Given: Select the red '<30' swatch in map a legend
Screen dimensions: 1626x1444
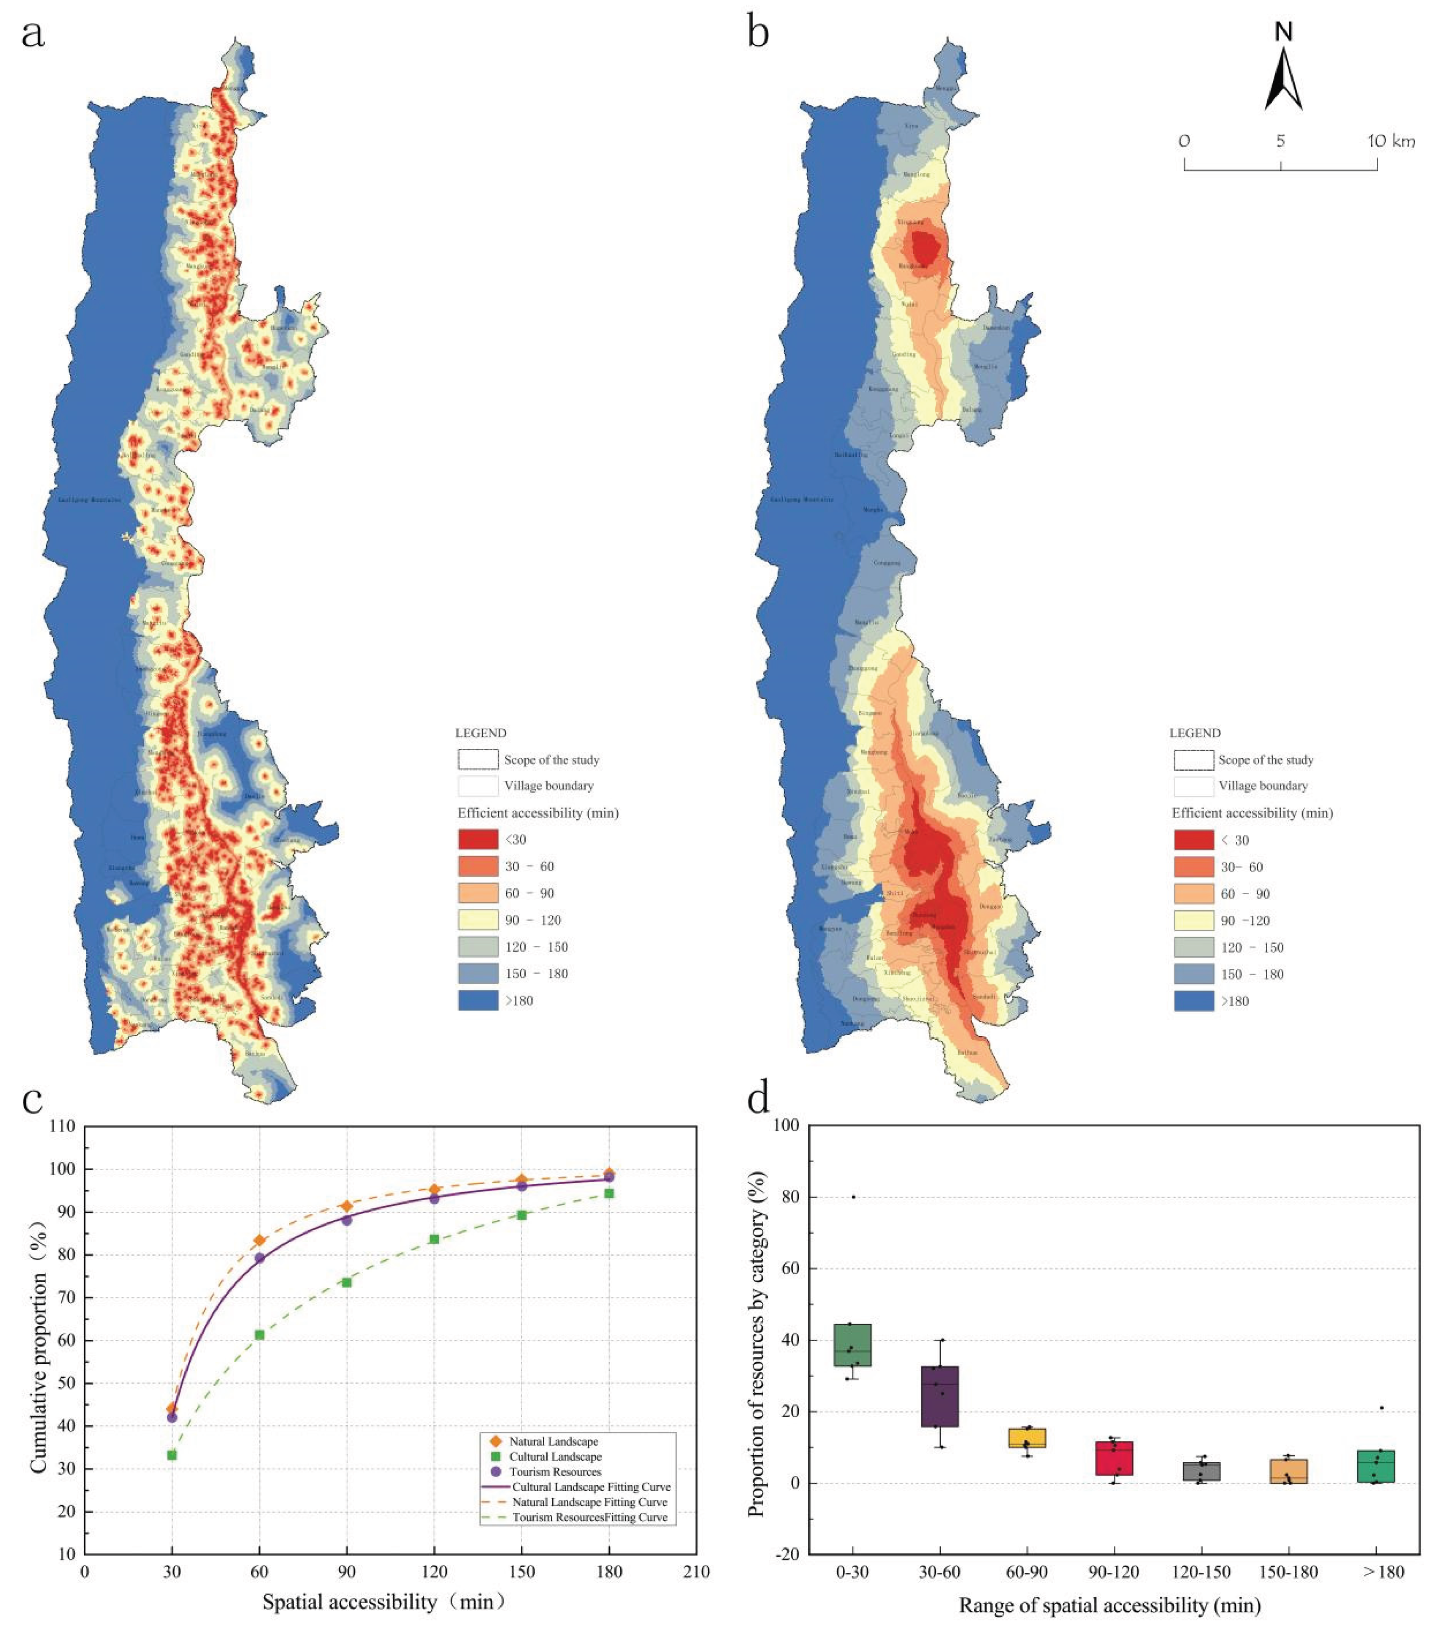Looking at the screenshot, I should [477, 839].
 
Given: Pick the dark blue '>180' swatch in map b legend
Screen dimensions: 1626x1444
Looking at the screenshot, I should [1193, 1001].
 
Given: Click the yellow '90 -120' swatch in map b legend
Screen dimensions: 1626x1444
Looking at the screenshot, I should [1193, 920].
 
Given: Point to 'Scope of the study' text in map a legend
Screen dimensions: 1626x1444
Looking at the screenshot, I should [551, 760].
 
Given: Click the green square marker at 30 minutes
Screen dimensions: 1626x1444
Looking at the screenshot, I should [172, 1455].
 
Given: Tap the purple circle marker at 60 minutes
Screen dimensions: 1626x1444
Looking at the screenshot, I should [259, 1258].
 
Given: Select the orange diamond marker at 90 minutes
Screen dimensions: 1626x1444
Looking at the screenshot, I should [347, 1206].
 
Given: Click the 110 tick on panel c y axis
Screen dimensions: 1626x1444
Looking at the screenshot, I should [62, 1126].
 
